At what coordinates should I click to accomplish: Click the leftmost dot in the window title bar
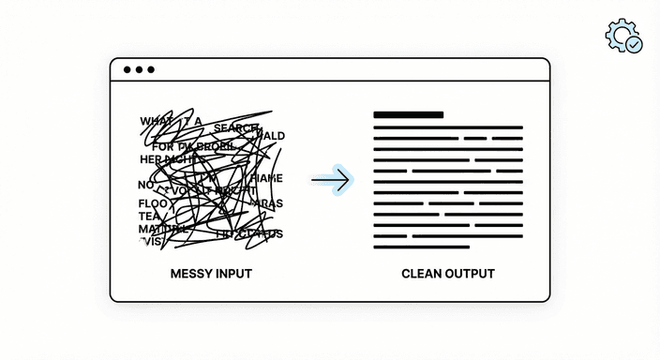pos(127,69)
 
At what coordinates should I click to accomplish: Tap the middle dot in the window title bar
pos(139,69)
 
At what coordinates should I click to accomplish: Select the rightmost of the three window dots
pos(150,69)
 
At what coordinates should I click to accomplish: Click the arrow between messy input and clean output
pos(331,179)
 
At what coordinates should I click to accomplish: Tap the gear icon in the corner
pos(622,34)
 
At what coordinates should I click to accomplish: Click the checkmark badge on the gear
pos(634,44)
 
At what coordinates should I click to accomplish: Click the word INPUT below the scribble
pos(233,274)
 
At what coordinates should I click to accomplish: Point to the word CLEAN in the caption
pos(421,274)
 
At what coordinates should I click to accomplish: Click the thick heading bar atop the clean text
pos(408,115)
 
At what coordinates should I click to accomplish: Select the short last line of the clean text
pos(421,247)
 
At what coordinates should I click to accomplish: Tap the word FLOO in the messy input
pos(153,203)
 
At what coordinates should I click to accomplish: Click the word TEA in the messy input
pos(150,217)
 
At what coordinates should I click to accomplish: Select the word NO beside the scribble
pos(145,185)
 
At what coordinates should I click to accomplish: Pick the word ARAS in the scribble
pos(268,203)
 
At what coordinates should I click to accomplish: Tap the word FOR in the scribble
pos(163,146)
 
